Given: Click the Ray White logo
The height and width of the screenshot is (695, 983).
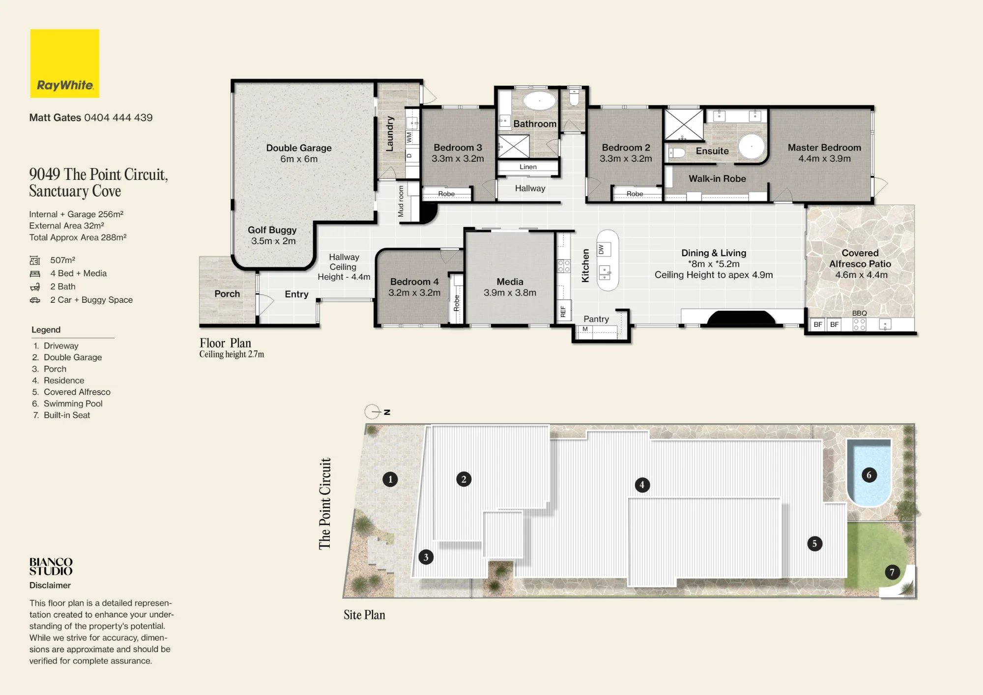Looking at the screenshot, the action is click(x=65, y=63).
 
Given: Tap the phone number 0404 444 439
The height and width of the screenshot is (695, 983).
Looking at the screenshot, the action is click(x=118, y=117).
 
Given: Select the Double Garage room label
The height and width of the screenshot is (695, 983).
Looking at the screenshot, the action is click(x=299, y=148).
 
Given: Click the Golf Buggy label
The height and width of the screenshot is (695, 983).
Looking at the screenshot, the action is click(x=272, y=230).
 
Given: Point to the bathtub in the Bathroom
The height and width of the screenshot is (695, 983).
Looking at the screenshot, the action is click(x=539, y=101).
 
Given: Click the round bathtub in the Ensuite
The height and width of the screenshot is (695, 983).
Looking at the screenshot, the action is click(x=752, y=146).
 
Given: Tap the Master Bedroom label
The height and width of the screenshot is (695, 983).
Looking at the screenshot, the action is click(x=824, y=147).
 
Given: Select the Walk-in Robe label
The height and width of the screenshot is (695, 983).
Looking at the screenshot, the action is click(x=717, y=179).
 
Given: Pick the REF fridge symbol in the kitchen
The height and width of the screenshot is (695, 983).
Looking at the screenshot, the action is click(x=563, y=311).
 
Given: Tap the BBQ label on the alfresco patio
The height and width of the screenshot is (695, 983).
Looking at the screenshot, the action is click(x=860, y=313).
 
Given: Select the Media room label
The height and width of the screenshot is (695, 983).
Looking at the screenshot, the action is click(x=510, y=282).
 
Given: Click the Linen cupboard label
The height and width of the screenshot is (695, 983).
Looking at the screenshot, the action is click(x=528, y=167).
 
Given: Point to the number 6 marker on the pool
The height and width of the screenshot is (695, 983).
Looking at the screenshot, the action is click(x=869, y=475).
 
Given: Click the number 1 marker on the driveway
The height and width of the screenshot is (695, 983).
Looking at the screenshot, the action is click(x=390, y=479).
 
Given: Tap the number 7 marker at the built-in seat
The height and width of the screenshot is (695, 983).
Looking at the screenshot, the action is click(x=892, y=572).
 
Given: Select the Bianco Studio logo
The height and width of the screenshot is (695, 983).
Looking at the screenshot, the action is click(x=51, y=566).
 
